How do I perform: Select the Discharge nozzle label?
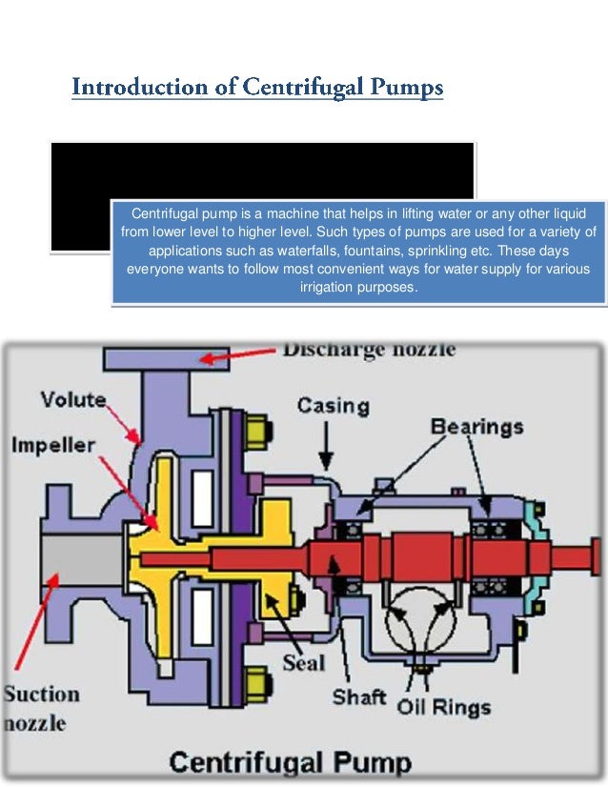(369, 349)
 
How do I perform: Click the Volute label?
(72, 399)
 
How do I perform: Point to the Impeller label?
(53, 445)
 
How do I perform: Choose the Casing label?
(333, 406)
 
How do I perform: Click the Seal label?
(303, 661)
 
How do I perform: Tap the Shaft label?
(358, 696)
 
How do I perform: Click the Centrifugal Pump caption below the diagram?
(291, 761)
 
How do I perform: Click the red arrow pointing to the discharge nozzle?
(243, 356)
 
